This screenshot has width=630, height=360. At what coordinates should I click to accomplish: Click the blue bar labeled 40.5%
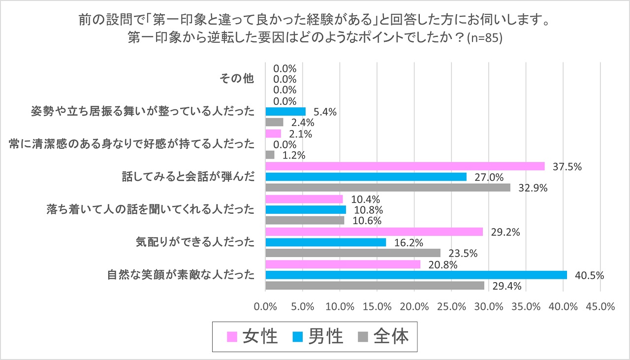416,275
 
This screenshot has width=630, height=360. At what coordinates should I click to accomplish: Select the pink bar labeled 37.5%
405,166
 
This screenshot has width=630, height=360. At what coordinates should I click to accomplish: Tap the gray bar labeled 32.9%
388,188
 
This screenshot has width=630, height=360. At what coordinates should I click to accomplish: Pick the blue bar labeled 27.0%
366,177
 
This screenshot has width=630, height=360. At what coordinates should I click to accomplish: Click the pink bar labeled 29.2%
374,231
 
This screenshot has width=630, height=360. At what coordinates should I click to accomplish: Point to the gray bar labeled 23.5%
353,253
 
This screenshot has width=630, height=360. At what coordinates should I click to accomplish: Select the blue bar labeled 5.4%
285,111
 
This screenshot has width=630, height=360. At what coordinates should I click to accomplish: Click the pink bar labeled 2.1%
273,133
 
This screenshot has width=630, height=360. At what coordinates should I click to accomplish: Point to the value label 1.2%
294,156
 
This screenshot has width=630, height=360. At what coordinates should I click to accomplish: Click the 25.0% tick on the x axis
452,306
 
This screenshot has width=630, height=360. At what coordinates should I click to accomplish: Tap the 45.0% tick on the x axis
600,306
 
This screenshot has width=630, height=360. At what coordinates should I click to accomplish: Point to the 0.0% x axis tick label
266,306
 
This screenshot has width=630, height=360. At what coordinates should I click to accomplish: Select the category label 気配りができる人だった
195,242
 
